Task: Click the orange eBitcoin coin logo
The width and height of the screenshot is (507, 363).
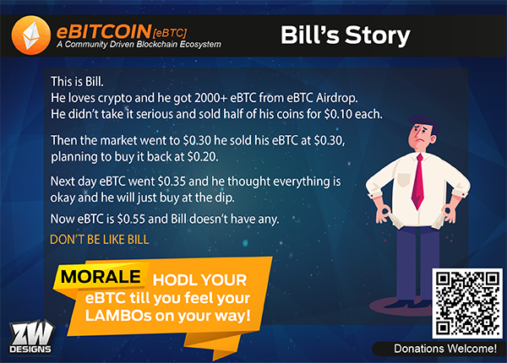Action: [x=30, y=35]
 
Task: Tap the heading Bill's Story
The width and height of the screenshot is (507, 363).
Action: [x=345, y=35]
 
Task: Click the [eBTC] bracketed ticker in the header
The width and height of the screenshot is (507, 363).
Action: [x=170, y=33]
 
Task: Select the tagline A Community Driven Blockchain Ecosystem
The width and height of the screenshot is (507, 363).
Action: [x=139, y=44]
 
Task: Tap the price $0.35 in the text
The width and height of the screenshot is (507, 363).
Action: [x=172, y=181]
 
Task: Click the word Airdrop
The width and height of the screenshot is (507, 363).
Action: [x=337, y=98]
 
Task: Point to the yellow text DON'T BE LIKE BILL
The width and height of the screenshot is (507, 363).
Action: [x=99, y=239]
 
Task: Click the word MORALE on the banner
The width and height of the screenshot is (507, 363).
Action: [x=101, y=277]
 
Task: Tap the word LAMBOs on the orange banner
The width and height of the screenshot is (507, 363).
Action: [x=118, y=316]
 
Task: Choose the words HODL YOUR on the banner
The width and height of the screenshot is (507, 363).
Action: [x=199, y=279]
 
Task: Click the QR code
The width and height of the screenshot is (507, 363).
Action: [x=467, y=303]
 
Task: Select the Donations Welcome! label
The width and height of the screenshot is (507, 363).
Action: [x=445, y=349]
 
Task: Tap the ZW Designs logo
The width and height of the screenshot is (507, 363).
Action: [x=31, y=337]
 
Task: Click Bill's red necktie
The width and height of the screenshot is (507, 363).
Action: [x=418, y=181]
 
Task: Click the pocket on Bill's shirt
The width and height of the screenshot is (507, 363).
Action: [x=404, y=180]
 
